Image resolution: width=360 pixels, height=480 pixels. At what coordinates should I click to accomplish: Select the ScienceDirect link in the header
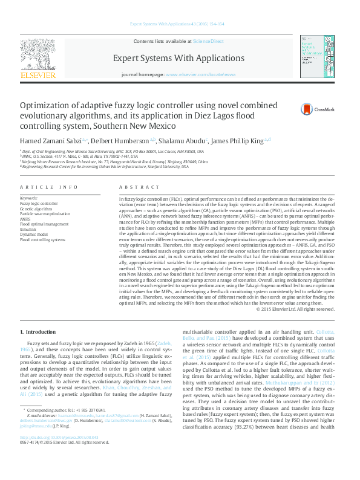pyautogui.click(x=208, y=41)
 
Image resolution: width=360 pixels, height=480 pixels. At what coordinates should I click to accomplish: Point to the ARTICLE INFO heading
pyautogui.click(x=48, y=187)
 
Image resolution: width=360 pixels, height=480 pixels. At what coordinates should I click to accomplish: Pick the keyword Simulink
pyautogui.click(x=27, y=229)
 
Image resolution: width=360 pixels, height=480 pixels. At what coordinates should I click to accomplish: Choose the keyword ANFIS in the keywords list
pyautogui.click(x=25, y=219)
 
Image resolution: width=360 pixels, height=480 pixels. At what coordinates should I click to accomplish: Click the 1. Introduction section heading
pyautogui.click(x=39, y=332)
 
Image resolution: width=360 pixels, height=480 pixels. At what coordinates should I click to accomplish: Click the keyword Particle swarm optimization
pyautogui.click(x=45, y=214)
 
